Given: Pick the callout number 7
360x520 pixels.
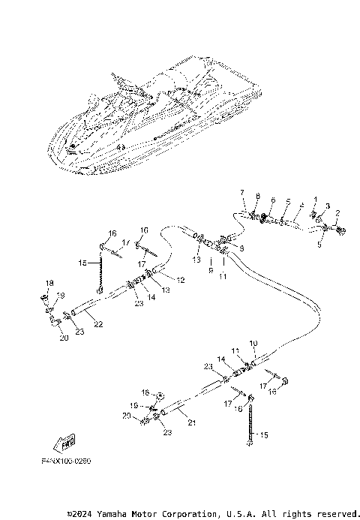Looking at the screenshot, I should tap(242, 193).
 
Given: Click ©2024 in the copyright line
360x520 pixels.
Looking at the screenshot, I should tap(80, 514).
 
